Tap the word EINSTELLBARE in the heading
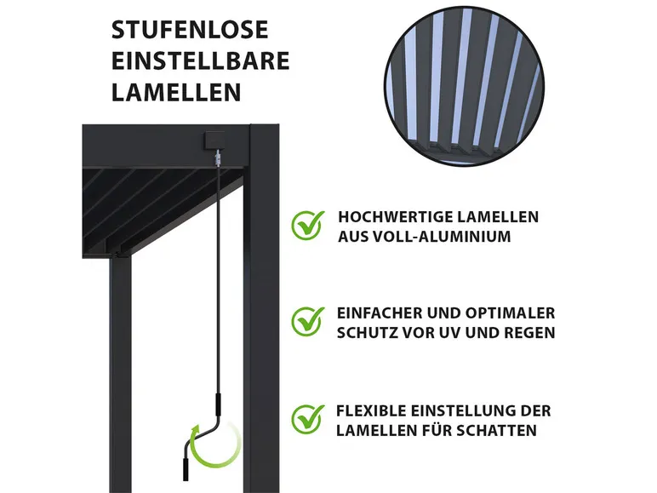point(200,61)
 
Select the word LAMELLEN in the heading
point(176,92)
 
